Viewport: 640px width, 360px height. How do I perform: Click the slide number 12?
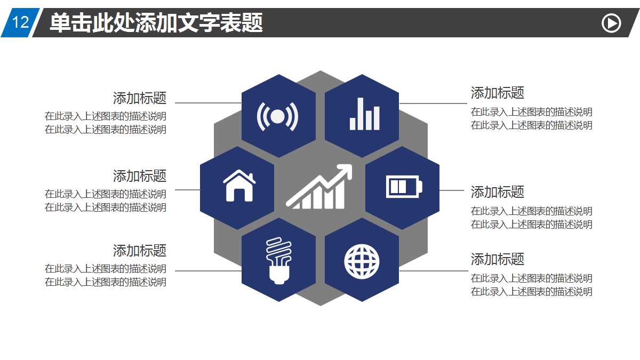[x=20, y=22]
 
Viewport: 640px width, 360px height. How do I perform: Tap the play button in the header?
[x=611, y=23]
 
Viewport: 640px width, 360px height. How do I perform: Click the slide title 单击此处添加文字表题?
[x=156, y=23]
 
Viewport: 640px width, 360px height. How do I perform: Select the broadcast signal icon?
[x=277, y=116]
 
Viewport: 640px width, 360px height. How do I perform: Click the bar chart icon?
[x=364, y=114]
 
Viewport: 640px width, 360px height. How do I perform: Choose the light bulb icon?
[x=279, y=261]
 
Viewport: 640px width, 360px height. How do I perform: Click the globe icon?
[x=362, y=261]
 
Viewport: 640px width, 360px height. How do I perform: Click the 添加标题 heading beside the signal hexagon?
[x=140, y=98]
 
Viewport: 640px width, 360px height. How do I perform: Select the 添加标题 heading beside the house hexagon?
[x=140, y=175]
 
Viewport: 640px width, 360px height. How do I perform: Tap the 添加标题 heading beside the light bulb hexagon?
[x=140, y=250]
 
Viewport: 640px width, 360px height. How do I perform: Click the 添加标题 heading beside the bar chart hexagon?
[x=497, y=93]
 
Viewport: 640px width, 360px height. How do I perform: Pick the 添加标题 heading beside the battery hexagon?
[x=497, y=191]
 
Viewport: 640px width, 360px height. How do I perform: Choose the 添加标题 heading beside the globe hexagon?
[x=497, y=259]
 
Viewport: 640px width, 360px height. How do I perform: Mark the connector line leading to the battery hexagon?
[x=452, y=190]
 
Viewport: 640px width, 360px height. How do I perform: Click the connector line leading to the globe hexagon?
[x=433, y=271]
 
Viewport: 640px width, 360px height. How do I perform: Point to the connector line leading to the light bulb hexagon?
[x=208, y=271]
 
